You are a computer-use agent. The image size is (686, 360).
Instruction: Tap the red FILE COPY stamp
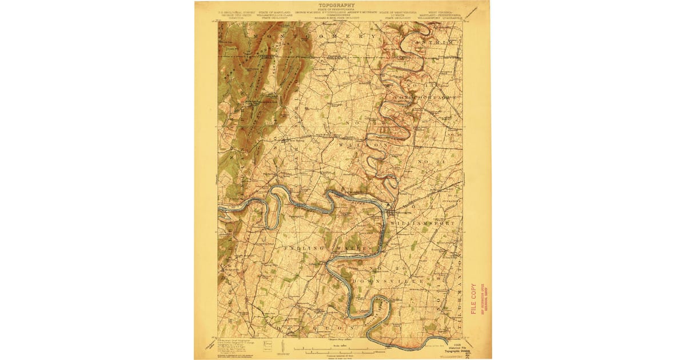473,299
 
